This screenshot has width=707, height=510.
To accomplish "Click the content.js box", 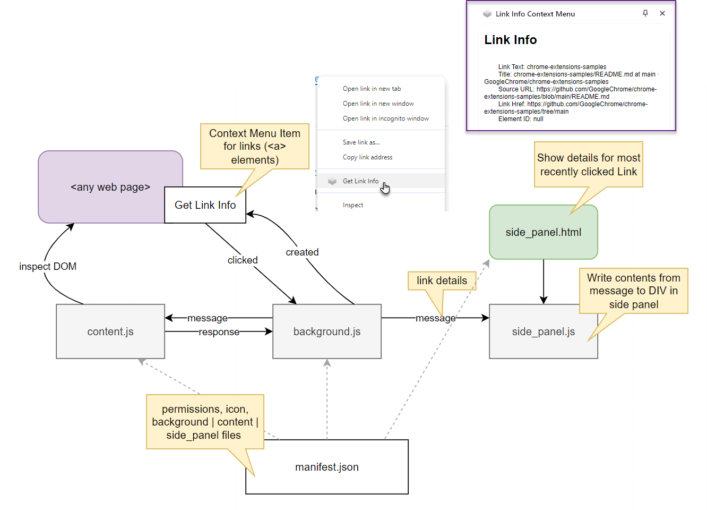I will pyautogui.click(x=110, y=331).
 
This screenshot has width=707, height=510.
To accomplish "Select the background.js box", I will pyautogui.click(x=326, y=331).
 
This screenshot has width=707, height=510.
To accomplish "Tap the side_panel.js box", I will pyautogui.click(x=543, y=332).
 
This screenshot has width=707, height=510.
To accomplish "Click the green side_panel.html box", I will pyautogui.click(x=543, y=232).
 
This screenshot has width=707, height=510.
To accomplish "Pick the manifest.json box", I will pyautogui.click(x=326, y=467).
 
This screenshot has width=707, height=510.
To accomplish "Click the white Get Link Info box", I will pyautogui.click(x=205, y=205).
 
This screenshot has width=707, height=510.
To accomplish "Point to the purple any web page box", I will pyautogui.click(x=101, y=187).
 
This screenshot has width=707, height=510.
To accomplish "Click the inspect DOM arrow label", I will pyautogui.click(x=48, y=266).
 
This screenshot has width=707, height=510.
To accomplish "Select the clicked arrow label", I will pyautogui.click(x=243, y=260).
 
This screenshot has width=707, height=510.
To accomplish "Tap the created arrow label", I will pyautogui.click(x=302, y=252).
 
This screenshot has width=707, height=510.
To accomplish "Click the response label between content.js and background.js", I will pyautogui.click(x=219, y=332).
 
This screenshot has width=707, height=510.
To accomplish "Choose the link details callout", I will pyautogui.click(x=442, y=280).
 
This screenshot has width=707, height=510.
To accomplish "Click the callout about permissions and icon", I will pyautogui.click(x=205, y=422).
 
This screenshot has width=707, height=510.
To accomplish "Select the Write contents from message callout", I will pyautogui.click(x=633, y=291).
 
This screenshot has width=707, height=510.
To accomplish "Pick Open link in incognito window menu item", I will pyautogui.click(x=385, y=118).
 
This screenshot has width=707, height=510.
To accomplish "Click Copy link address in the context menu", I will pyautogui.click(x=367, y=157).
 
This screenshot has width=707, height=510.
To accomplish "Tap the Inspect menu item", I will pyautogui.click(x=353, y=205).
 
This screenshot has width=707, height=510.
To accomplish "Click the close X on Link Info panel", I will pyautogui.click(x=662, y=13).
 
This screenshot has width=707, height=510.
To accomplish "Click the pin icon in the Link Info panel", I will pyautogui.click(x=645, y=13).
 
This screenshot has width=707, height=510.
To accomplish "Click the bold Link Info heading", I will pyautogui.click(x=510, y=40).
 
